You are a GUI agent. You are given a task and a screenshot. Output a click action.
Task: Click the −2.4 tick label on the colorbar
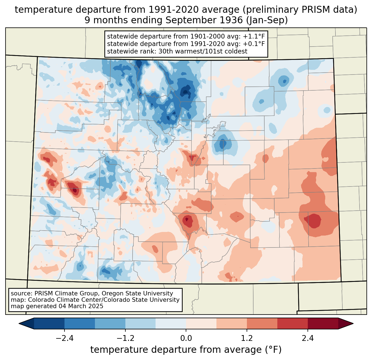[64, 338]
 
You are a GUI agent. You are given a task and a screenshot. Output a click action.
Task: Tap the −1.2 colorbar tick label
[125, 338]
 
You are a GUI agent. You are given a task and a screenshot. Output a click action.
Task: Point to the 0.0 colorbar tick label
[186, 338]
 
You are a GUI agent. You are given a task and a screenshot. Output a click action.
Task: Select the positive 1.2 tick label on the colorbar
[247, 338]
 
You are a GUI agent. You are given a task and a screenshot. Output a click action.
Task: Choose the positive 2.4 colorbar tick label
[308, 338]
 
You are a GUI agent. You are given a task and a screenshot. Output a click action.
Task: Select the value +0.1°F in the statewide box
[254, 44]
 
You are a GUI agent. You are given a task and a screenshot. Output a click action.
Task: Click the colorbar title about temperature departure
[186, 350]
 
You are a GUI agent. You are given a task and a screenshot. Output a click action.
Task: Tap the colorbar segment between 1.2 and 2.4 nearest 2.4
[292, 323]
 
